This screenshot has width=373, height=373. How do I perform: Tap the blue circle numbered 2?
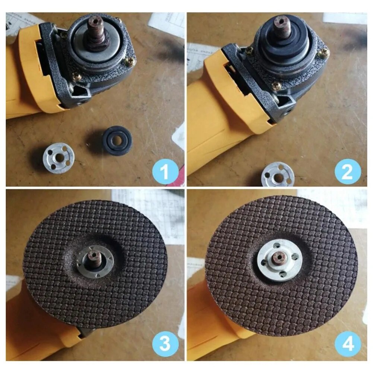click(348, 171)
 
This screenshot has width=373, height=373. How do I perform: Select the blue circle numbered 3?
click(165, 343)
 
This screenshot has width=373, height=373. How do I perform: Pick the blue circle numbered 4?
click(348, 344)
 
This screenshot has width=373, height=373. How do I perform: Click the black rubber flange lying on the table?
click(118, 141)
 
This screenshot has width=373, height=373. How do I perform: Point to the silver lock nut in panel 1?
click(59, 158)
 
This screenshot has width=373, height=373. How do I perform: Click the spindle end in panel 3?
click(94, 256)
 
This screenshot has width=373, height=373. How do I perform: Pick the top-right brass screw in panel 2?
click(325, 54)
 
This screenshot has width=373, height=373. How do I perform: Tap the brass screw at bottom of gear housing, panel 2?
click(276, 86)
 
